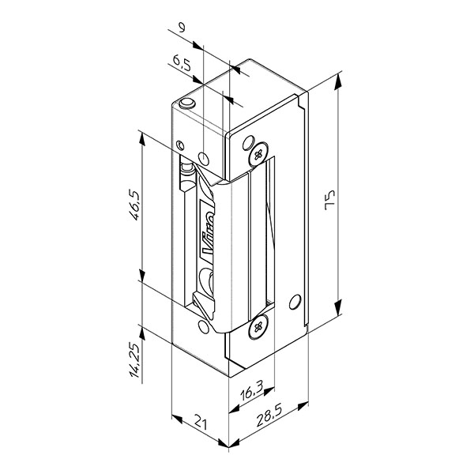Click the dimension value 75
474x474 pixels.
coord(329,200)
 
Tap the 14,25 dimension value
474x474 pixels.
coord(135,361)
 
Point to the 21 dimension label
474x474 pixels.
coord(201,421)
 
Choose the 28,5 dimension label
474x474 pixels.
coord(269,416)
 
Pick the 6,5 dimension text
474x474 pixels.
coord(182,62)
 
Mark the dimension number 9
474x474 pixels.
coord(182,28)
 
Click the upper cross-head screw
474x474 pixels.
coord(259,155)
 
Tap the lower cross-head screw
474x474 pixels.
coord(258,327)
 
